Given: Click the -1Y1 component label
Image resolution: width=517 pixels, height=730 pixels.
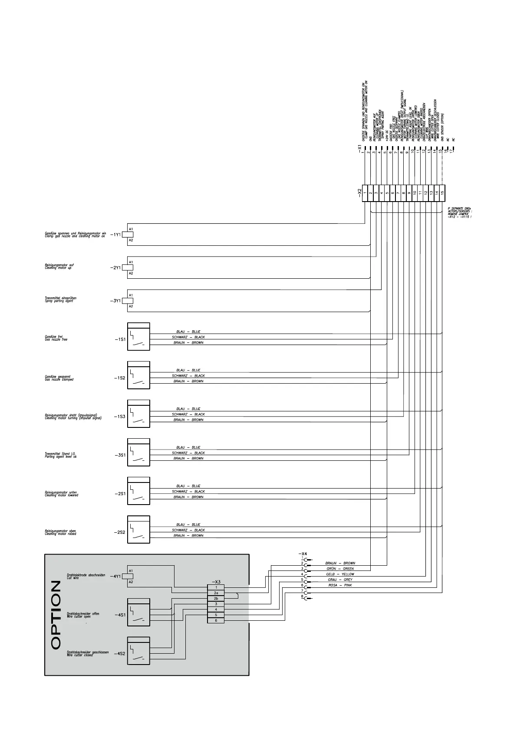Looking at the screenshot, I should click(115, 235).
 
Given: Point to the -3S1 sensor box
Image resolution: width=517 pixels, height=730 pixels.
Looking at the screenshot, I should click(138, 453).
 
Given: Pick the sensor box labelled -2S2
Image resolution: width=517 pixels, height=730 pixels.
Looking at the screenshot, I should click(138, 530).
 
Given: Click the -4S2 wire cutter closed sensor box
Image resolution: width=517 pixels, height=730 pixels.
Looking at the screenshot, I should click(138, 651).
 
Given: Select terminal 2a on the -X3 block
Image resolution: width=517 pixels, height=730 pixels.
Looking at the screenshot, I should click(216, 593).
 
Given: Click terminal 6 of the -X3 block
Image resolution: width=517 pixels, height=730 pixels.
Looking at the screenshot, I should click(216, 620).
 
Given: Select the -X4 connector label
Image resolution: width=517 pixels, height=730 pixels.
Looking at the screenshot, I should click(303, 554).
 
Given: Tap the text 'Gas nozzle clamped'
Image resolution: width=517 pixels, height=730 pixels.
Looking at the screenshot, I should click(59, 379).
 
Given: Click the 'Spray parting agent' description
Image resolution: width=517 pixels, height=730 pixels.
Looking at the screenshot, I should click(59, 301).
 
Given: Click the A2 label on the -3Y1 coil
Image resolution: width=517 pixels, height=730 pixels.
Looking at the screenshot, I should click(131, 306).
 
